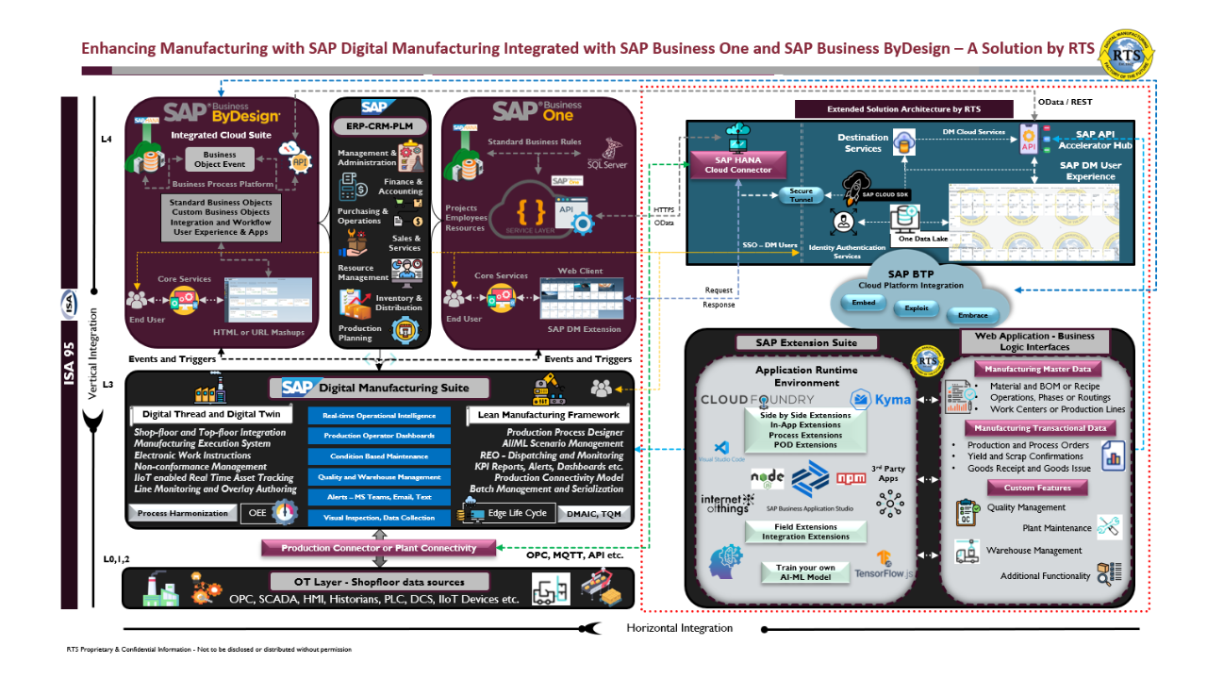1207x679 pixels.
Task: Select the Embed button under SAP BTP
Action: coord(864,303)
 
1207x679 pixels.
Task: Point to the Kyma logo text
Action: coord(892,399)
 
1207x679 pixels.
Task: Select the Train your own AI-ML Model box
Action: coord(804,571)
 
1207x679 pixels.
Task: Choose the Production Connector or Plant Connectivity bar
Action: coord(379,547)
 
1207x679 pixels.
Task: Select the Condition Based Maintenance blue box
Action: coord(379,456)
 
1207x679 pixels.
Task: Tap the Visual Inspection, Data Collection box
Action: coord(379,518)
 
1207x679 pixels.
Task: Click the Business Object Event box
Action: coord(220,159)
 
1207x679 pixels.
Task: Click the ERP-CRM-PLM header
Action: coord(380,125)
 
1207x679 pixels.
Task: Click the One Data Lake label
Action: coord(922,238)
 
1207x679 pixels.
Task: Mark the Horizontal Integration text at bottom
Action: coord(679,628)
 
